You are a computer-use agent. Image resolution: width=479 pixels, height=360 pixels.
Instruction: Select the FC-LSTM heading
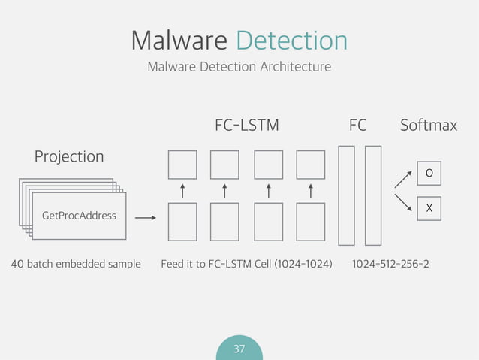point(246,126)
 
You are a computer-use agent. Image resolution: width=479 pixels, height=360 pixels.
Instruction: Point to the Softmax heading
point(428,126)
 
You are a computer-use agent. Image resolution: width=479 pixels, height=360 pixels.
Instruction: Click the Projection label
point(69,156)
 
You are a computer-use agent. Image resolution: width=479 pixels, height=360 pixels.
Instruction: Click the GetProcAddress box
point(79,216)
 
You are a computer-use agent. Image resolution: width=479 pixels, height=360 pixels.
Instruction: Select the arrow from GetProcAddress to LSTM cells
point(145,218)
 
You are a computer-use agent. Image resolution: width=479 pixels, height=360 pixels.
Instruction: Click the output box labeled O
point(429,174)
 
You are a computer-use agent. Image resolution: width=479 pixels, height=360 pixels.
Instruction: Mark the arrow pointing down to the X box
point(403,204)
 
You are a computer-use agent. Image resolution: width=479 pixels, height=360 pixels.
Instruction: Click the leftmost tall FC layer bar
point(346,195)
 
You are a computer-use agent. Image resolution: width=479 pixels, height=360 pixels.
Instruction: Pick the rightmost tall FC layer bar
point(373,195)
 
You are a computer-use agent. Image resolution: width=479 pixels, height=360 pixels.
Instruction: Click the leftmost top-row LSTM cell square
point(182,165)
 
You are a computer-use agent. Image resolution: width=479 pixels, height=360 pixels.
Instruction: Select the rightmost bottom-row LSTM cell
point(311,219)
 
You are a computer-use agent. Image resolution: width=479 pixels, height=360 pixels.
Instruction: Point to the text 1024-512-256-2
point(390,265)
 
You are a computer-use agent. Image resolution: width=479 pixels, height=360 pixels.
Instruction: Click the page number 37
point(239,349)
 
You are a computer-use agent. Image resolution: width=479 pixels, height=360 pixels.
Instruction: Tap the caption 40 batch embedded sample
point(76,265)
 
